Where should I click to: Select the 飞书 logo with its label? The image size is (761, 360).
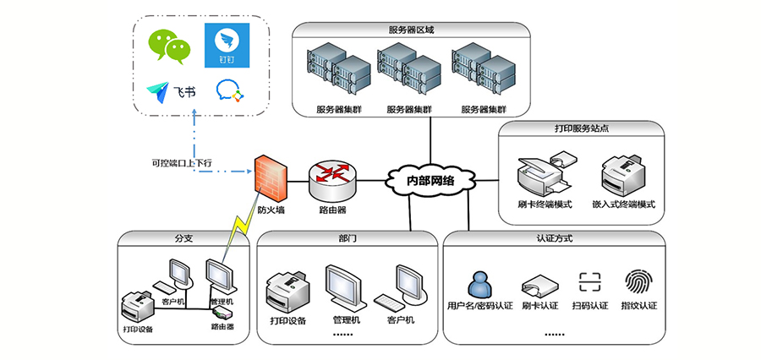pos(172,91)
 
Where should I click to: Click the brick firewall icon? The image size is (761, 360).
pos(271,176)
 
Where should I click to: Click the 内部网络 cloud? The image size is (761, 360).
pos(430,179)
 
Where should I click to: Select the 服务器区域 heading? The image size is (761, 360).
pos(411,30)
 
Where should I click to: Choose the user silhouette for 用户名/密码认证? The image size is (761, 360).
pos(479,283)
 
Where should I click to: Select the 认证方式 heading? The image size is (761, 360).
pos(555,239)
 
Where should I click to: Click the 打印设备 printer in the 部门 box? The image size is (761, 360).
pos(287,292)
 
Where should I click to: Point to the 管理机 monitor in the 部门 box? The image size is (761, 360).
pos(347,288)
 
